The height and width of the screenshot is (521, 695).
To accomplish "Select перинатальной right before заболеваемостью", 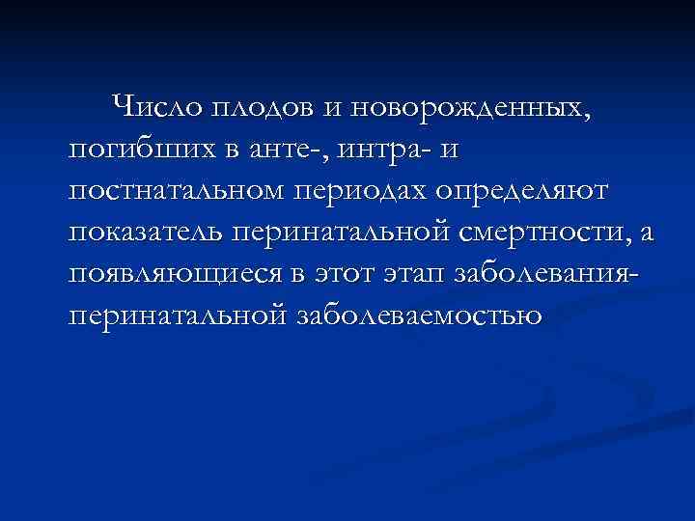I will (177, 315).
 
